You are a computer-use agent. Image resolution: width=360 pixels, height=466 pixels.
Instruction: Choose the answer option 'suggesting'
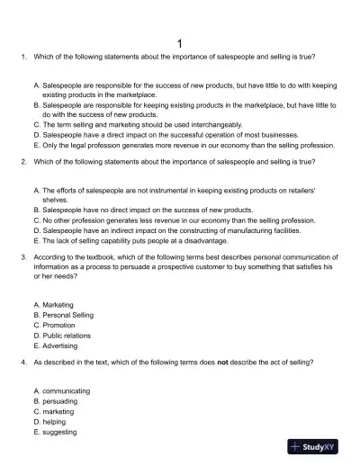tap(61, 431)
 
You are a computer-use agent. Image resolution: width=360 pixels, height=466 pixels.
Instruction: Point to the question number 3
tap(22, 256)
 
